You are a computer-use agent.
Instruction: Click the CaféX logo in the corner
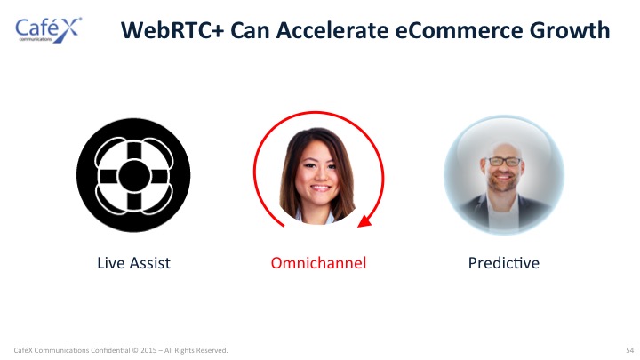[49, 30]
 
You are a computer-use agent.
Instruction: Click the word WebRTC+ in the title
[172, 30]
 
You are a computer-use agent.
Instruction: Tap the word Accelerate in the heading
[332, 30]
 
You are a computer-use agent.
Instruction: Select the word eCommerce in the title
[459, 30]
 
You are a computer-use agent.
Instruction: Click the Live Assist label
[133, 263]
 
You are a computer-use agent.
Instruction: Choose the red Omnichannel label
[318, 263]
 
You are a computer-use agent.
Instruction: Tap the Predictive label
[504, 263]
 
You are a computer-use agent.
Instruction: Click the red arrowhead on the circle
[364, 221]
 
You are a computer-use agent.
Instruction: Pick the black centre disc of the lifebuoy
[134, 176]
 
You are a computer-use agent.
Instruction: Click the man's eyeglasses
[504, 162]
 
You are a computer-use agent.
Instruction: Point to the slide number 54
[630, 350]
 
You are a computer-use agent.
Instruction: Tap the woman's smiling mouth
[320, 188]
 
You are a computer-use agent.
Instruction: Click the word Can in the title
[250, 30]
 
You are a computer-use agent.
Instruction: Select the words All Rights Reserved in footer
[196, 350]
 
